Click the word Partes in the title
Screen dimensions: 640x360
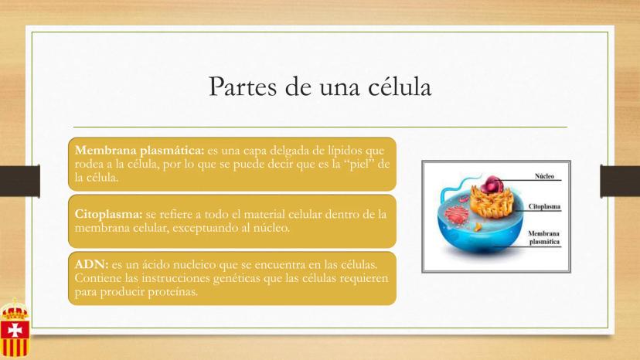243,87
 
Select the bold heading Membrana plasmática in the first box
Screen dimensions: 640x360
139,151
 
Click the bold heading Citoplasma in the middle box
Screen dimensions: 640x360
108,214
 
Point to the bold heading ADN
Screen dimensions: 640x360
91,264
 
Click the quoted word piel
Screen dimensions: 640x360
356,164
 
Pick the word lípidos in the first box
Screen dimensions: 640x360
345,151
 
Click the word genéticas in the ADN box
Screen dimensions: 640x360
237,278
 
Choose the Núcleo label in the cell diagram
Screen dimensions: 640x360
544,176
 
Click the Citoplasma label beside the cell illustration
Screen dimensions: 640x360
544,206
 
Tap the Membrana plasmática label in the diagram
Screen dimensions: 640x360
544,237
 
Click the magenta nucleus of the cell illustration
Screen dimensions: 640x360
492,185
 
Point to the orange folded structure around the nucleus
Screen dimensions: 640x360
492,202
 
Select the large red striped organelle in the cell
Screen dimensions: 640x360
456,215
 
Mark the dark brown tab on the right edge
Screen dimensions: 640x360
620,181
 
